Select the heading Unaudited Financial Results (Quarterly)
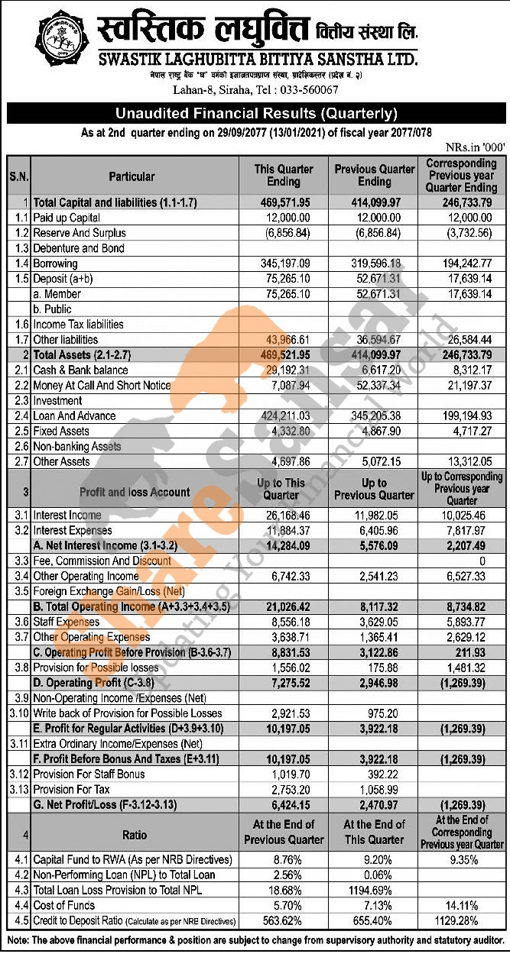(256, 114)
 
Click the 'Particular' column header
(132, 176)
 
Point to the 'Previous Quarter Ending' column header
(374, 176)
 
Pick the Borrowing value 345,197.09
(284, 263)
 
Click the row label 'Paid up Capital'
(67, 218)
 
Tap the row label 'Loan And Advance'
(74, 415)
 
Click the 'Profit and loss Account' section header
(135, 492)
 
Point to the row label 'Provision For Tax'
(71, 790)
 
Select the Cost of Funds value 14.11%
(461, 905)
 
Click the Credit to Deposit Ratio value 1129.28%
(461, 920)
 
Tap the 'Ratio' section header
(135, 835)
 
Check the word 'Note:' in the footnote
(19, 939)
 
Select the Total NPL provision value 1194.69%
(374, 890)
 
